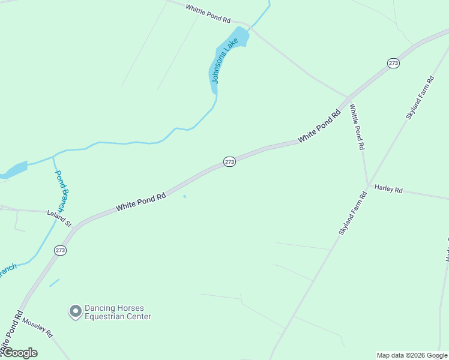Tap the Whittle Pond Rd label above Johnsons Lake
point(208,13)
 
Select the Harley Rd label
point(388,189)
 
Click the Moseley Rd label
point(38,327)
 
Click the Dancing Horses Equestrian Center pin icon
point(75,311)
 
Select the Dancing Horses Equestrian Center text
point(118,312)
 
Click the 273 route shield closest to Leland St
point(60,250)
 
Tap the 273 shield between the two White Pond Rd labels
point(229,162)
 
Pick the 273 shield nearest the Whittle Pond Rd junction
point(393,64)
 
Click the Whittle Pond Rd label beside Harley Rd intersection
point(357,127)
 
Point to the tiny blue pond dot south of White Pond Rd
point(184,196)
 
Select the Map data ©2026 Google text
point(412,355)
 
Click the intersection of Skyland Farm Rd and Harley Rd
point(367,185)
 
